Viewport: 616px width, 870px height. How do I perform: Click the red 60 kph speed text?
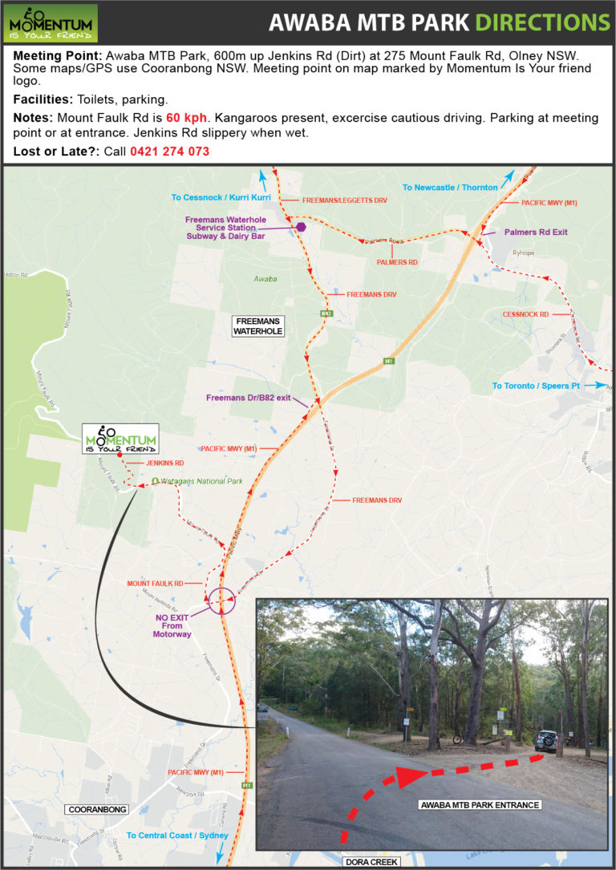[x=186, y=118]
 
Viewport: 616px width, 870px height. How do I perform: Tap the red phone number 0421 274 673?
[x=170, y=151]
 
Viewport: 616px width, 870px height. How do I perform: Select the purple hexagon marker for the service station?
[x=301, y=227]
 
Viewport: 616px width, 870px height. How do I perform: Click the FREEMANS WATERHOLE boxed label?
[x=259, y=326]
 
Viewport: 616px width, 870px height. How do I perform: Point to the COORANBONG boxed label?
[x=96, y=810]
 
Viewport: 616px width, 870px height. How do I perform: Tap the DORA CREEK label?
[x=372, y=863]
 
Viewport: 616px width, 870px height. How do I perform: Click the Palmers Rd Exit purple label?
[x=536, y=232]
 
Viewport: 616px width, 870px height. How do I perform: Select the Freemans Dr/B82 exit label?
[x=248, y=398]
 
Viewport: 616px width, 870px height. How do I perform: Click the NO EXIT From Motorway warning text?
[x=173, y=625]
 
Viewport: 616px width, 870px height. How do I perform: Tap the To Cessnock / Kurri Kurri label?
[x=221, y=197]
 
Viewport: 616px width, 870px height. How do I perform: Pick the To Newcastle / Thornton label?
[x=450, y=188]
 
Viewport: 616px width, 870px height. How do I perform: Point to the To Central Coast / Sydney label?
[x=177, y=835]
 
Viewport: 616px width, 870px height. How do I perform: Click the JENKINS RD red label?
[x=166, y=463]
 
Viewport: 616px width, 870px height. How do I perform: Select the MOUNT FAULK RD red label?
[x=155, y=583]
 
